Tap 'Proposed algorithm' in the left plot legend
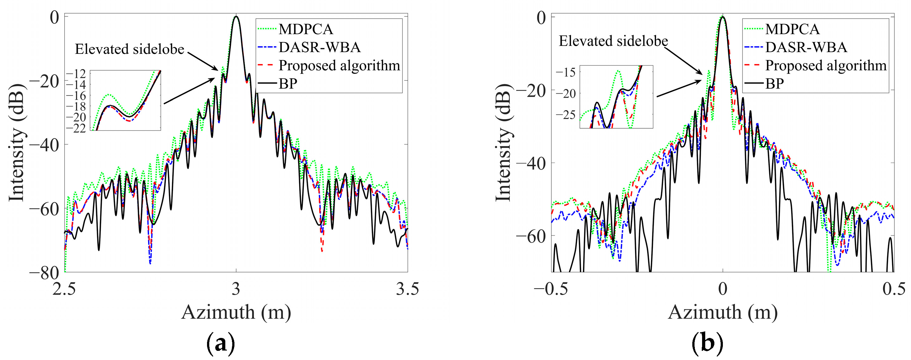pos(339,66)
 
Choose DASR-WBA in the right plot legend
pos(806,47)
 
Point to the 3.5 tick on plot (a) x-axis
pos(407,289)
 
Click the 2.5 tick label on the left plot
pos(64,289)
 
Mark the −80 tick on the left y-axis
pos(44,273)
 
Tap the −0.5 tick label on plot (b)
pos(551,289)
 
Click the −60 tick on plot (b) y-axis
pos(530,236)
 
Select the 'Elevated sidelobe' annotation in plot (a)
pos(130,49)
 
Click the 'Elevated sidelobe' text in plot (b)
pos(613,41)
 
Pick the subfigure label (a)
pos(221,343)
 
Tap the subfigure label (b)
pos(707,343)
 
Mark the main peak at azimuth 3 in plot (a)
pos(236,17)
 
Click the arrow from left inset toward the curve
pos(189,91)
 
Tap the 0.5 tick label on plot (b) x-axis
pos(894,289)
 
